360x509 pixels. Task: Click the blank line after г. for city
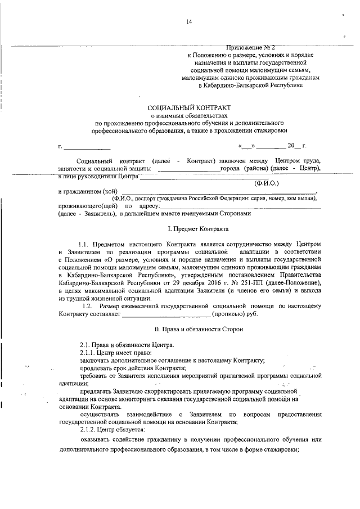point(82,147)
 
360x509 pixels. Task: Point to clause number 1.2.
point(87,305)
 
